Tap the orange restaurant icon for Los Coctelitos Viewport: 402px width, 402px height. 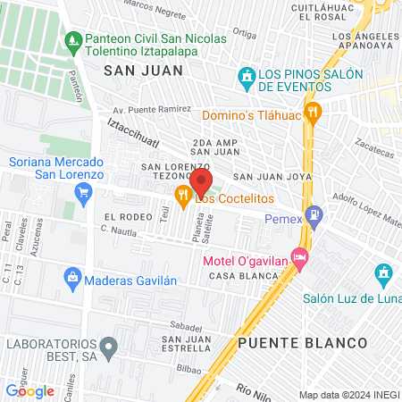tap(183, 196)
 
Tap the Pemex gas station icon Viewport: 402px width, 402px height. tap(314, 215)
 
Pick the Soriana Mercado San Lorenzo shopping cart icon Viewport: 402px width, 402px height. tap(85, 192)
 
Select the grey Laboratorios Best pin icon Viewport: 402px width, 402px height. tap(108, 344)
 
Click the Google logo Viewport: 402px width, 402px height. tap(29, 390)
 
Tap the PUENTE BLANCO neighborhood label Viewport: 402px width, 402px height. tap(303, 343)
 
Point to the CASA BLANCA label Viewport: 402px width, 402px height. tap(239, 277)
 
